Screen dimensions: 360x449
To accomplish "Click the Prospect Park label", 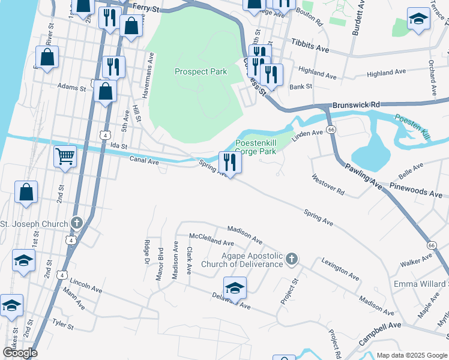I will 200,71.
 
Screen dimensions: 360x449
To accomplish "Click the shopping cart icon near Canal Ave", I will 65,157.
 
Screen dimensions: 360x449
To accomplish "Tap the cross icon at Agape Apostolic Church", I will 291,259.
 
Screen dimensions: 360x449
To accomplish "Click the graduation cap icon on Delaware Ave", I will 235,287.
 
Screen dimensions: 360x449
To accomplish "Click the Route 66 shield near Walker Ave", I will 431,245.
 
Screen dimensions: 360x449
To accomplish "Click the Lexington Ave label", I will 340,269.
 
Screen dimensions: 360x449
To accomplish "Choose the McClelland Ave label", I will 211,239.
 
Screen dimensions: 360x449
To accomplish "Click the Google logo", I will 20,352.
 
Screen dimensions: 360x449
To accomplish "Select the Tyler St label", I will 62,325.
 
